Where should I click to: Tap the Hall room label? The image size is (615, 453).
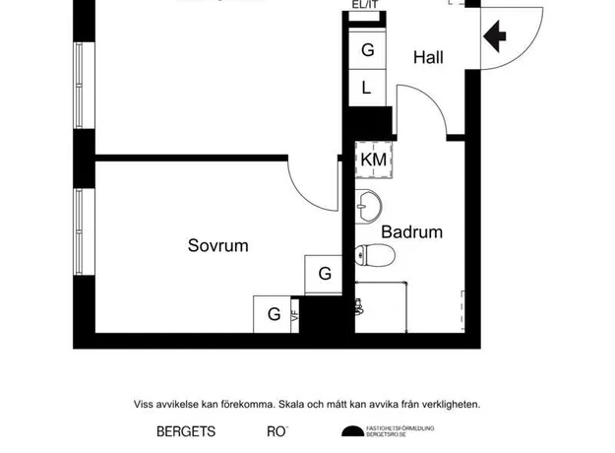(x=428, y=58)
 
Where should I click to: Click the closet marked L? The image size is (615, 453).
(x=366, y=88)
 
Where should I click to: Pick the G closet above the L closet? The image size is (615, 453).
(x=366, y=50)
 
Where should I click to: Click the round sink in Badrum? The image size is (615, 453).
(x=369, y=206)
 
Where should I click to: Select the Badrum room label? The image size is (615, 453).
(x=411, y=232)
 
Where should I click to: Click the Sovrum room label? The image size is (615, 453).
(x=217, y=245)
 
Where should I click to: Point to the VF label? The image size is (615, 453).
(x=294, y=317)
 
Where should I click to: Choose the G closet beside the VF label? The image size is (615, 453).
(x=274, y=315)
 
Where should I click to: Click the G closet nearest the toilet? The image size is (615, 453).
(x=324, y=274)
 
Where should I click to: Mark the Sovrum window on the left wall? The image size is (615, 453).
(x=79, y=231)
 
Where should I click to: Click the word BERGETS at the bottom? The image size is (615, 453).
(x=186, y=431)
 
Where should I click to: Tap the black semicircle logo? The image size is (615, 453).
(x=351, y=430)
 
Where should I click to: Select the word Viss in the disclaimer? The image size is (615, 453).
(x=144, y=404)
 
